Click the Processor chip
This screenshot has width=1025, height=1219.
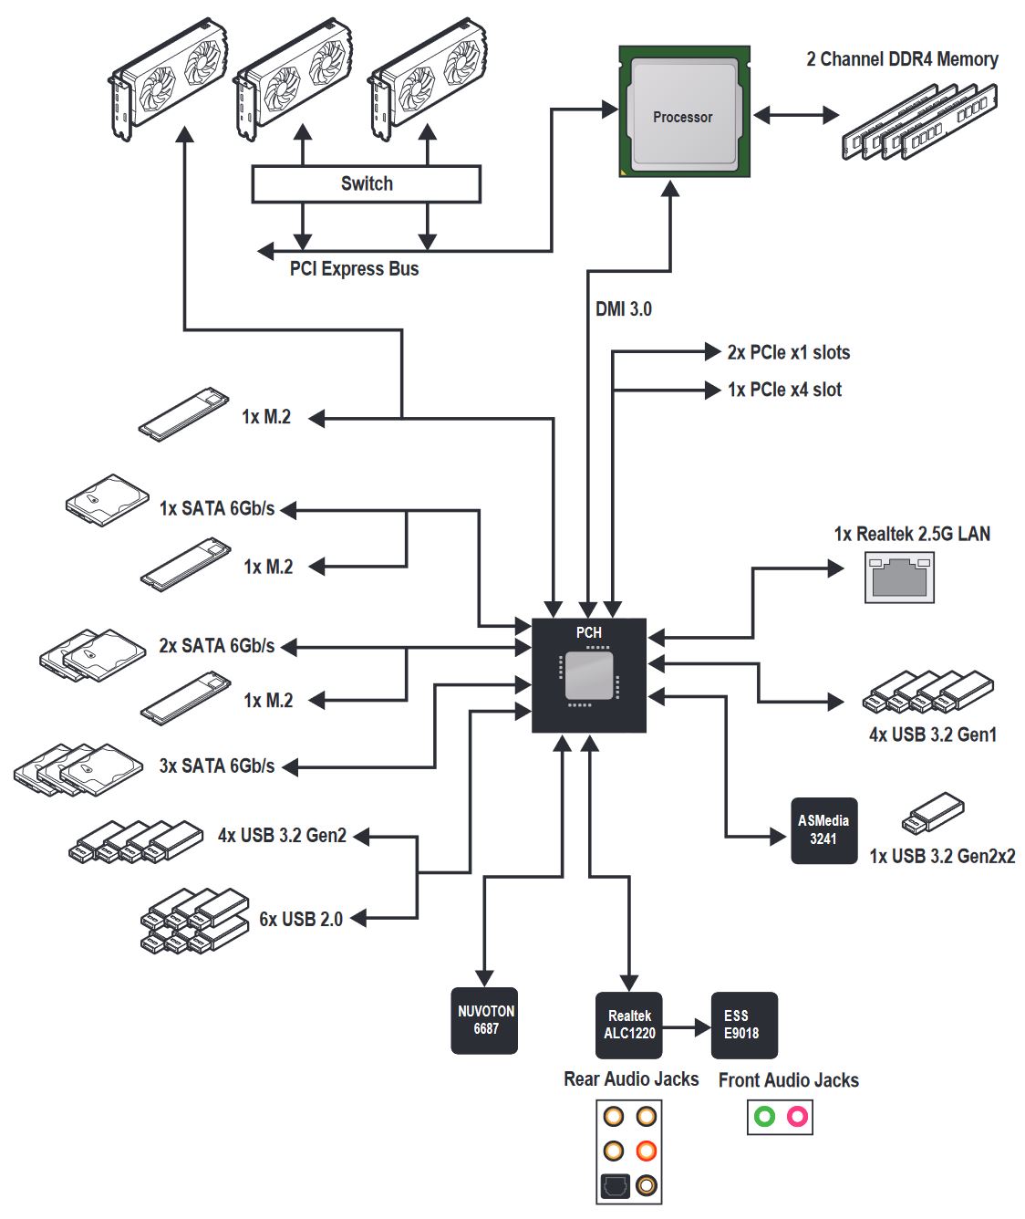683,113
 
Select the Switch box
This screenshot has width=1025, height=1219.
366,183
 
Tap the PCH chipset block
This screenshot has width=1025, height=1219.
588,674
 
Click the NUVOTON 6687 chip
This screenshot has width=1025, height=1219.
485,1020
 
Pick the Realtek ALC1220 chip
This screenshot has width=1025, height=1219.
629,1025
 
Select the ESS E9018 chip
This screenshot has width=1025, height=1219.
743,1025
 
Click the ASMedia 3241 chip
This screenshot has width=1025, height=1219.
823,830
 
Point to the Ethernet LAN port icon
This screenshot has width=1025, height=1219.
899,578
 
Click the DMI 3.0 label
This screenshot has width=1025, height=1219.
624,309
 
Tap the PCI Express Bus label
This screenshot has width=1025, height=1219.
354,269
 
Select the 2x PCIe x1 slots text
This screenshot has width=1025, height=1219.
788,352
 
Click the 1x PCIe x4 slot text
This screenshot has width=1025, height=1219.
784,390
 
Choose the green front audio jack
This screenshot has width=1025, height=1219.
764,1116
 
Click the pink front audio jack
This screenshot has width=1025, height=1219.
797,1116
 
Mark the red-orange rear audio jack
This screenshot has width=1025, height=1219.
647,1150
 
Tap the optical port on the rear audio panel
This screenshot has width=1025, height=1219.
615,1185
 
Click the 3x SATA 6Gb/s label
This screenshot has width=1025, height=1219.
216,766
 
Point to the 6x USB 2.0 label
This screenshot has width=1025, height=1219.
301,920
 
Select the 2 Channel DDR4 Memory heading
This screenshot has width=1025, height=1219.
902,59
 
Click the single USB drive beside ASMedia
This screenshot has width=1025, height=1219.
932,813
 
